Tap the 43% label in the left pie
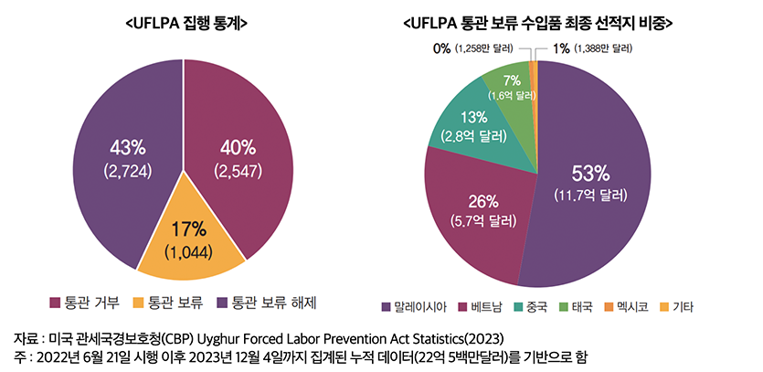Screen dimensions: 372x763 click(127, 147)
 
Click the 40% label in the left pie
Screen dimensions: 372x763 click(238, 147)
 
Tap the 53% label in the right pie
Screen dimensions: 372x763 click(589, 174)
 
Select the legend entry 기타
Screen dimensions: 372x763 click(675, 307)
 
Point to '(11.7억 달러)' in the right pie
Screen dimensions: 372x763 click(589, 195)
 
